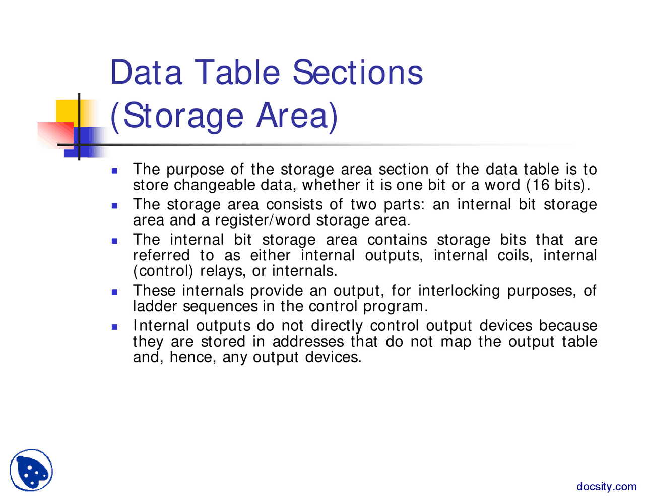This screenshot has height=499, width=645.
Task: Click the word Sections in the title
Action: pyautogui.click(x=358, y=72)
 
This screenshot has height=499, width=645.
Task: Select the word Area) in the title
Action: pyautogui.click(x=297, y=116)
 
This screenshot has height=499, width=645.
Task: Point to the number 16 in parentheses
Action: pyautogui.click(x=541, y=185)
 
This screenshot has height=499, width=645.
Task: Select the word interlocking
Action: pyautogui.click(x=460, y=291)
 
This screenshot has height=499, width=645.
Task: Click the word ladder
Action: pyautogui.click(x=156, y=306)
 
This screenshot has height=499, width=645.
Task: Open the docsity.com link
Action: pyautogui.click(x=607, y=487)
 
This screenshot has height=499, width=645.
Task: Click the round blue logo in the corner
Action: pyautogui.click(x=31, y=470)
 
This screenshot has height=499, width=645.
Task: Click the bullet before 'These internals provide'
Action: pyautogui.click(x=114, y=292)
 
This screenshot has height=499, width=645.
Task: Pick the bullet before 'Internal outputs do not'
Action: pyautogui.click(x=114, y=327)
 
